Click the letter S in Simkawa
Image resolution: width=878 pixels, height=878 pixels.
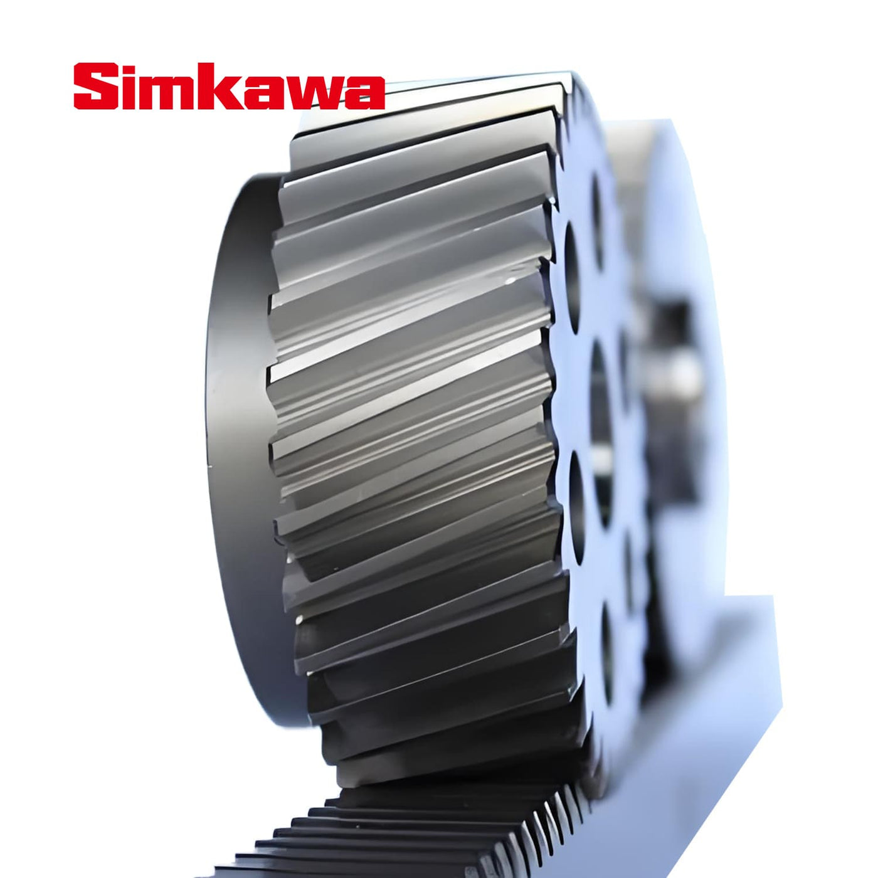(x=96, y=86)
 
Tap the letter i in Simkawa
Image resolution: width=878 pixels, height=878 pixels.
(x=130, y=86)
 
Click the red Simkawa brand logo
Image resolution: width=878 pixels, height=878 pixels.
(x=229, y=87)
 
